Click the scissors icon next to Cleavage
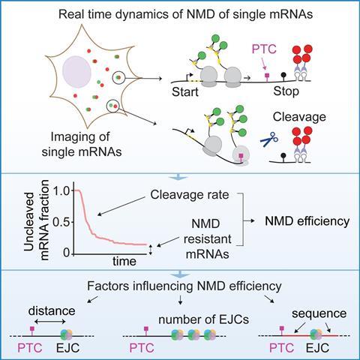point(269,139)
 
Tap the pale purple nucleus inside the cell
point(76,72)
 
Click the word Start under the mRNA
point(185,92)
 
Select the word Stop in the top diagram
point(286,91)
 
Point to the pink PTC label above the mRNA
point(264,49)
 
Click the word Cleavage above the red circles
point(299,117)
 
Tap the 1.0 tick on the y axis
point(61,191)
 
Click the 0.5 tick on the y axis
point(61,222)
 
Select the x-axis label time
point(124,261)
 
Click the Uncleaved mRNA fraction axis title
point(37,220)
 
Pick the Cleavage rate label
point(190,195)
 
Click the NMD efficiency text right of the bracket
point(307,221)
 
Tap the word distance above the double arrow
point(52,311)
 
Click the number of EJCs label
point(204,319)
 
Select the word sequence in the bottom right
point(319,313)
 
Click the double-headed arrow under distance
point(49,322)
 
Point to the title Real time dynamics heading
point(185,14)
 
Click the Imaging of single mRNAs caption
point(82,144)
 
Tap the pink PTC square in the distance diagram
point(31,328)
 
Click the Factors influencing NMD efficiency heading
point(184,286)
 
